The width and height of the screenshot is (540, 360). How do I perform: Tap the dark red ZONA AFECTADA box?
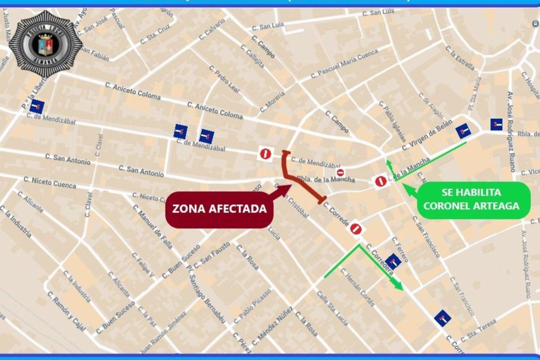[219, 209]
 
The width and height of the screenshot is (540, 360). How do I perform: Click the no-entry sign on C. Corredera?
[356, 229]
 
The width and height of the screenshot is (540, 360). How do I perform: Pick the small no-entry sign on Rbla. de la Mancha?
[341, 172]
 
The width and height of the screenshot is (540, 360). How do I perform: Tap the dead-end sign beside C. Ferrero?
[393, 261]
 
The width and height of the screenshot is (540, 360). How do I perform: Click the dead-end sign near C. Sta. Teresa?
[442, 318]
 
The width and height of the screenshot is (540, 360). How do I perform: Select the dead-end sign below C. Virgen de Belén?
[464, 130]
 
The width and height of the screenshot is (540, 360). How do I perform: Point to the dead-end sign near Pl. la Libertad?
[36, 108]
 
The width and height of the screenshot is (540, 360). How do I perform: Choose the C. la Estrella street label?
[460, 57]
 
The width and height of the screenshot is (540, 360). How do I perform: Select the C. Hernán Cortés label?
[358, 287]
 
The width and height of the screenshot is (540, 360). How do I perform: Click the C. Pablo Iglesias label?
[392, 121]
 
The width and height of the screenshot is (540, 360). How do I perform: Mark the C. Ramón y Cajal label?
[66, 311]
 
